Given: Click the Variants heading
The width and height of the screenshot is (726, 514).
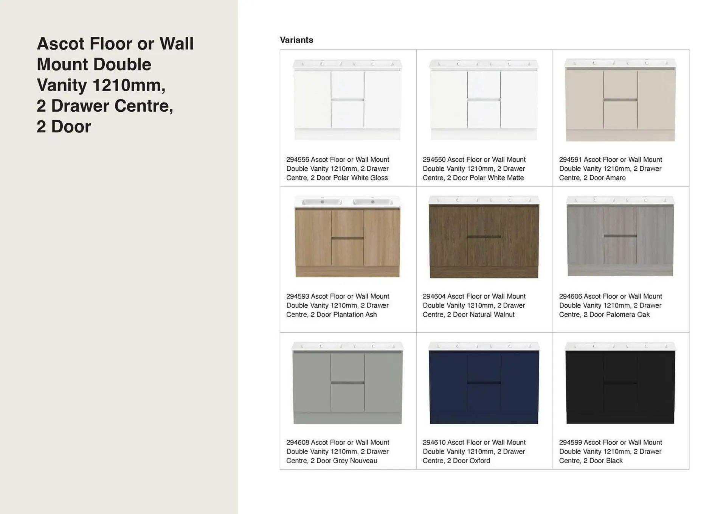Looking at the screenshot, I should (x=296, y=40).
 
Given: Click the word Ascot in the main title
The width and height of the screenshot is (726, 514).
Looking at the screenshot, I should (x=60, y=44).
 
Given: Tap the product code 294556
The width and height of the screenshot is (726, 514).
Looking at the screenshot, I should (x=298, y=160).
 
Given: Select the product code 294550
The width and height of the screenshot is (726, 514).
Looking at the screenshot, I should (x=434, y=160).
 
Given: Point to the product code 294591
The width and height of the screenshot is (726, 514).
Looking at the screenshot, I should (x=571, y=160).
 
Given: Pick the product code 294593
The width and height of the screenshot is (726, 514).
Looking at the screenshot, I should (x=298, y=296).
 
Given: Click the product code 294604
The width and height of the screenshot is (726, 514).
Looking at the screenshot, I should (x=434, y=296).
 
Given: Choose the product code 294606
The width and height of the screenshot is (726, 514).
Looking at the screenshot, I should (x=571, y=296).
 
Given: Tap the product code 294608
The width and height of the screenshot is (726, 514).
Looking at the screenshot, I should (x=298, y=442).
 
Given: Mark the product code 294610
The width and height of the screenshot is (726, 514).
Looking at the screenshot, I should (x=434, y=442).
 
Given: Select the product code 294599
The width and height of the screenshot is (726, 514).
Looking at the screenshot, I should (x=571, y=442).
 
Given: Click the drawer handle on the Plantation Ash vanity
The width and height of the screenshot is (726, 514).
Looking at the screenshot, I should (x=347, y=238).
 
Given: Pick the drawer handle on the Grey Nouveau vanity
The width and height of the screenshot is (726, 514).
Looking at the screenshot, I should (x=347, y=383).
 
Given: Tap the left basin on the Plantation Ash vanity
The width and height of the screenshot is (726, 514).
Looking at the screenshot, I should (x=322, y=202).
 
